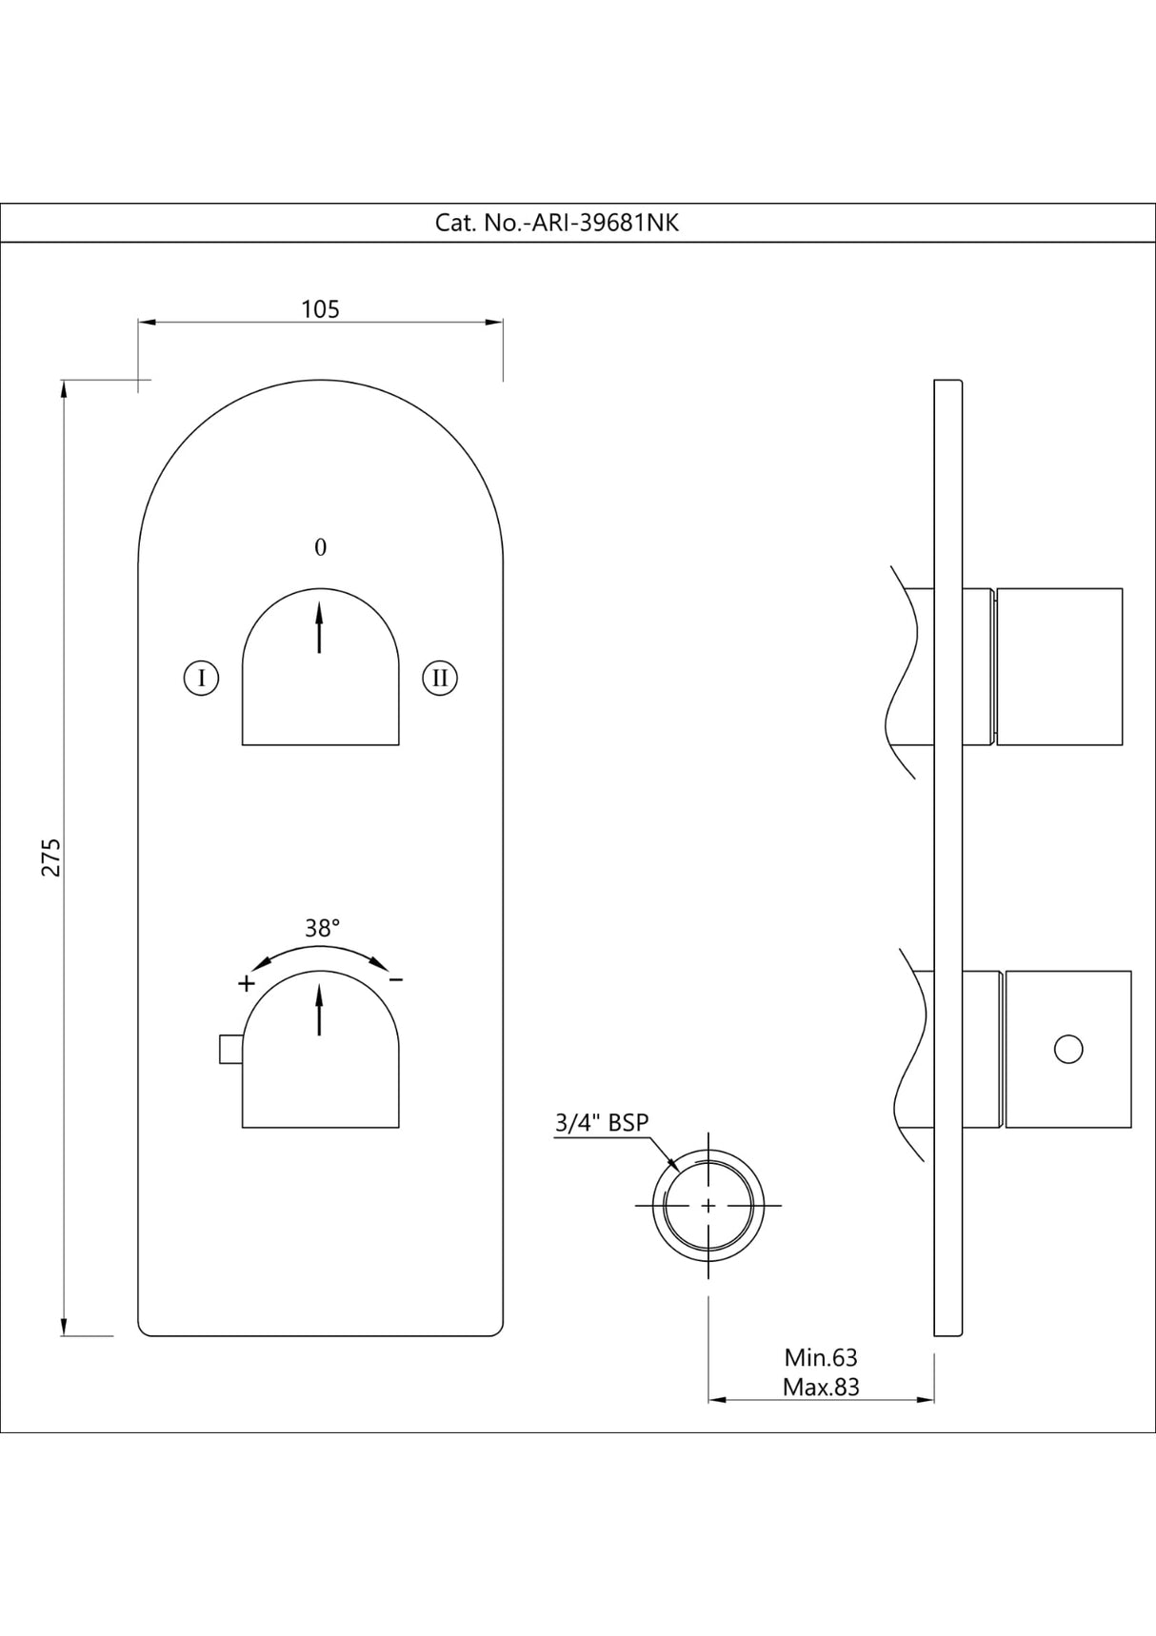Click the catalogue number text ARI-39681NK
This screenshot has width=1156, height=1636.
click(557, 224)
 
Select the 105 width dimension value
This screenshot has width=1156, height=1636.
click(320, 309)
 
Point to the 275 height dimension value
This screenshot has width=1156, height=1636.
click(51, 857)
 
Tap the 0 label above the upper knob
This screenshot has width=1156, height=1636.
click(320, 548)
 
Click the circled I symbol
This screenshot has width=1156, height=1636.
click(201, 679)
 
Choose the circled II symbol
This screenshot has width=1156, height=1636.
click(440, 679)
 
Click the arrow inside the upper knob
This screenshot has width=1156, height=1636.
click(319, 624)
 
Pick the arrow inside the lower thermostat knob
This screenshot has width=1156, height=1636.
click(319, 1009)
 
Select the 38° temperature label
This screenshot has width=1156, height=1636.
click(323, 929)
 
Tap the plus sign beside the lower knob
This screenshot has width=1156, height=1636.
click(246, 983)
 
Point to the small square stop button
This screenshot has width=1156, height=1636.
click(229, 1050)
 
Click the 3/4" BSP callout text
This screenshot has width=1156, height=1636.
click(602, 1123)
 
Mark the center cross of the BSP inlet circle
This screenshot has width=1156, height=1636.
click(708, 1206)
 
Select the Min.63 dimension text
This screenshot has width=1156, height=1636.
click(821, 1358)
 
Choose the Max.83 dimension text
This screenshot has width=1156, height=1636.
click(821, 1388)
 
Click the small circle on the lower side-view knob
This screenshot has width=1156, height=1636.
click(1069, 1050)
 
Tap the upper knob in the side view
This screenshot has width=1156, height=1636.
click(1059, 666)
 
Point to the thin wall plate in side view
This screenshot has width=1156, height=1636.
click(948, 857)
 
